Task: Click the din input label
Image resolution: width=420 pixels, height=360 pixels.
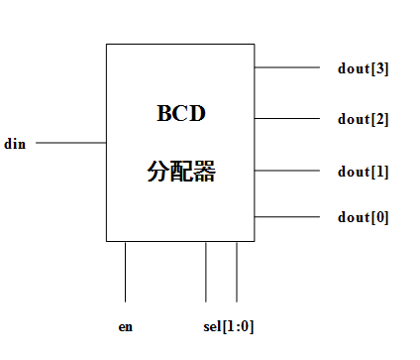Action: coord(14,144)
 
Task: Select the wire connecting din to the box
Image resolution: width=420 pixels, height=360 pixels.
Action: coord(71,144)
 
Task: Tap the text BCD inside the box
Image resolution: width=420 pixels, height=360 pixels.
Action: coord(180,113)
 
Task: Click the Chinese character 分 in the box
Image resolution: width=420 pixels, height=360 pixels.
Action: coord(159,173)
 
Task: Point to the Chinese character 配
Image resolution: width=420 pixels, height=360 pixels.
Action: coord(182,173)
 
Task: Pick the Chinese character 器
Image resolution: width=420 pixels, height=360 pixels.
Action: coord(205,173)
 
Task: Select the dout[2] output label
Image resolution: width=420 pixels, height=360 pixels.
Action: coord(363,119)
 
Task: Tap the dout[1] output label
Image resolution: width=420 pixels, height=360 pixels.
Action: coord(363,171)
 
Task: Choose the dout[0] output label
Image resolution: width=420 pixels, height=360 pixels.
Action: coord(363,216)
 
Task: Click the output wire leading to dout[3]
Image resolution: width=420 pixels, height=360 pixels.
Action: coord(287,68)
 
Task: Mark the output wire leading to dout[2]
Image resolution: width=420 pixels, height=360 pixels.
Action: coord(287,119)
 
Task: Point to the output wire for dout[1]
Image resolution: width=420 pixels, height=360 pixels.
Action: coord(287,171)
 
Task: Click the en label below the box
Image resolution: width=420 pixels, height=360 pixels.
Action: coord(125,325)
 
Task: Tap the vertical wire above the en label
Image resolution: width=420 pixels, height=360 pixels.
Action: coord(126,271)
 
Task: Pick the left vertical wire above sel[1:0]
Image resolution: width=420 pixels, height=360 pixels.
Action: coord(206,271)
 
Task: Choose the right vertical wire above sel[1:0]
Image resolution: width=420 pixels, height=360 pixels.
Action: coord(237,271)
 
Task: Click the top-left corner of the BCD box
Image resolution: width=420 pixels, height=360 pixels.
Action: coord(107,44)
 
